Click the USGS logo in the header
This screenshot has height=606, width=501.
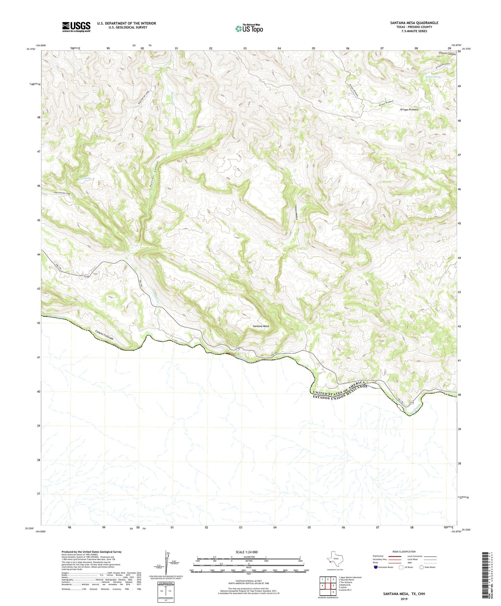click(76, 27)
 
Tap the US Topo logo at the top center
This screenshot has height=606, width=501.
click(249, 28)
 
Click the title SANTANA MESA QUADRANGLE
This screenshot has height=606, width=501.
click(414, 23)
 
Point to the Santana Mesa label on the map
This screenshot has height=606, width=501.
click(261, 326)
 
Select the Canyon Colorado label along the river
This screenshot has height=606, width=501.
click(109, 335)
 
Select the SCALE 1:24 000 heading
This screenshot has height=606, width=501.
click(247, 552)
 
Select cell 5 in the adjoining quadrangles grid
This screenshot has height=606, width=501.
click(333, 586)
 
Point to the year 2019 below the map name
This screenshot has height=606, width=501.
click(404, 599)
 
